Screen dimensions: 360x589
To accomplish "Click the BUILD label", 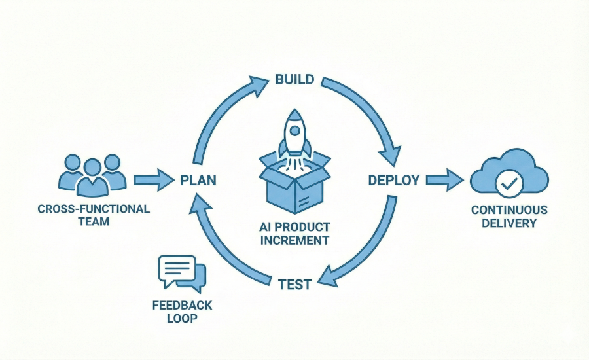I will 294,80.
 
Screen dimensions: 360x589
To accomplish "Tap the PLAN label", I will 198,180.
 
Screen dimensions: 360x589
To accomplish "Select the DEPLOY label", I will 393,180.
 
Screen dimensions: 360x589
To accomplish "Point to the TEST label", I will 294,284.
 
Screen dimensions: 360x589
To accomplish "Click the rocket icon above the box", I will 294,134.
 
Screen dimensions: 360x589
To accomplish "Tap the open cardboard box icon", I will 294,187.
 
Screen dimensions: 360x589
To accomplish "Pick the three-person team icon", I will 92,175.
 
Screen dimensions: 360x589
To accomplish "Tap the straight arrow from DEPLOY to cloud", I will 444,179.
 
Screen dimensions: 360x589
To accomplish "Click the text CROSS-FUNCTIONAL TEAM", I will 93,215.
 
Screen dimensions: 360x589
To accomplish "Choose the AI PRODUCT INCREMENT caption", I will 294,234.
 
